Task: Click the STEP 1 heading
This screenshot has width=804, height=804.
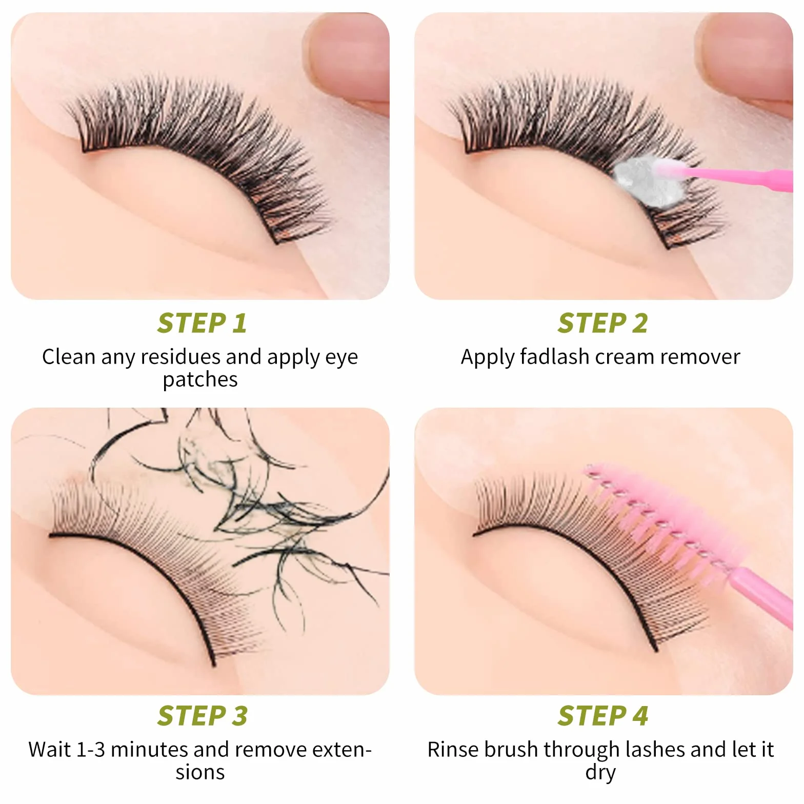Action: click(202, 323)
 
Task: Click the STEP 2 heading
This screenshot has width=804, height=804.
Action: click(602, 323)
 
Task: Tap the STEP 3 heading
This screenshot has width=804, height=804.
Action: click(202, 716)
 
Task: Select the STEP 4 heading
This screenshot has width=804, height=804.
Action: click(602, 716)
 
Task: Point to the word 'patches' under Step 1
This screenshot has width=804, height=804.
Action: click(200, 380)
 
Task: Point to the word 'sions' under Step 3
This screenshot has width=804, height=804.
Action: click(200, 772)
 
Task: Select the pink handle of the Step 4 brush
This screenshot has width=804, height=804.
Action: click(762, 597)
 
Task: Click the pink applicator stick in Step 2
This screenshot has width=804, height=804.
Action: click(738, 177)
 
